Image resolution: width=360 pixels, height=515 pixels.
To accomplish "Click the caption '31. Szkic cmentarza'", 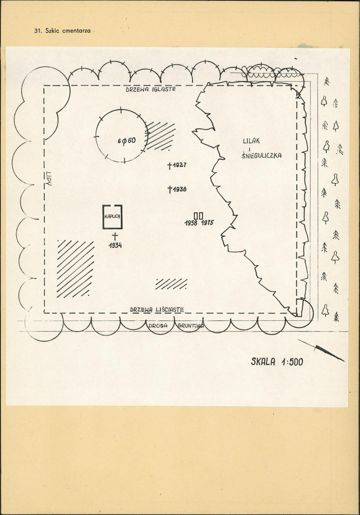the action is [62, 31].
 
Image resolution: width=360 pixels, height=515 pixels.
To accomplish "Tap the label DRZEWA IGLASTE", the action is [151, 89].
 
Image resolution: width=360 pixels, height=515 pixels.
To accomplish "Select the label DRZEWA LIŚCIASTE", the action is [157, 310].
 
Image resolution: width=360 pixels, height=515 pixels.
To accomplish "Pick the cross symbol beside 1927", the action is [170, 165].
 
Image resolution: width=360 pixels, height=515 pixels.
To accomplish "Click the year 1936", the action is [180, 189].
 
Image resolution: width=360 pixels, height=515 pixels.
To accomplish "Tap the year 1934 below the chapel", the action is [115, 245].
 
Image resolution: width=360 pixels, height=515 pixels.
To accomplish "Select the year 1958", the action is [191, 223].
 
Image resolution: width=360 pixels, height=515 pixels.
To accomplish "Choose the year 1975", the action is [207, 222].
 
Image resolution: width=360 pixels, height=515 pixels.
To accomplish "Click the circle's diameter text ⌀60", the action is [126, 141].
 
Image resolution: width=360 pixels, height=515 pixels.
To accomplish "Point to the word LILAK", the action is [251, 141].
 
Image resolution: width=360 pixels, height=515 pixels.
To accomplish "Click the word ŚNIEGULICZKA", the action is [262, 155].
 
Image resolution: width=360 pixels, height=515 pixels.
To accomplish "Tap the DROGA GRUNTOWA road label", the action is [176, 326].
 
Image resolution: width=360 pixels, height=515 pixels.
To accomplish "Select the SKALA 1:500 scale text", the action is [277, 362].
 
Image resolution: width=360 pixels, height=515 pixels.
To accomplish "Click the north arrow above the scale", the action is [321, 350].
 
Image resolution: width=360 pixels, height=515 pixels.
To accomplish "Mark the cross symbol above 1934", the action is [115, 236].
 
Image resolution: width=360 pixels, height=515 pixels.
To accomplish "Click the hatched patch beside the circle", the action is [160, 136].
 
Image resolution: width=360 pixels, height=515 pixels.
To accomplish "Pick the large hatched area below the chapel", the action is [75, 269].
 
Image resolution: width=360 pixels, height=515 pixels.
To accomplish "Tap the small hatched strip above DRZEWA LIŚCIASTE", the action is [171, 284].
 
